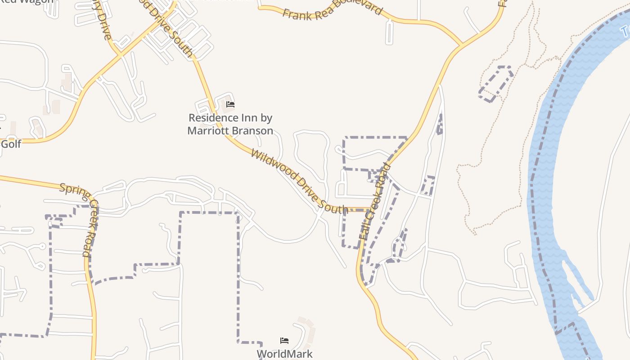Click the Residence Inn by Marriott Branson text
pyautogui.click(x=230, y=124)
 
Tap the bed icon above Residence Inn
pyautogui.click(x=230, y=104)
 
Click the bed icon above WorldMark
pyautogui.click(x=284, y=341)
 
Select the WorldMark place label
pyautogui.click(x=284, y=354)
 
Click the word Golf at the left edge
pyautogui.click(x=11, y=144)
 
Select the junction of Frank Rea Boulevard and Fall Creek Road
pyautogui.click(x=462, y=45)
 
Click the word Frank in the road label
pyautogui.click(x=295, y=14)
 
